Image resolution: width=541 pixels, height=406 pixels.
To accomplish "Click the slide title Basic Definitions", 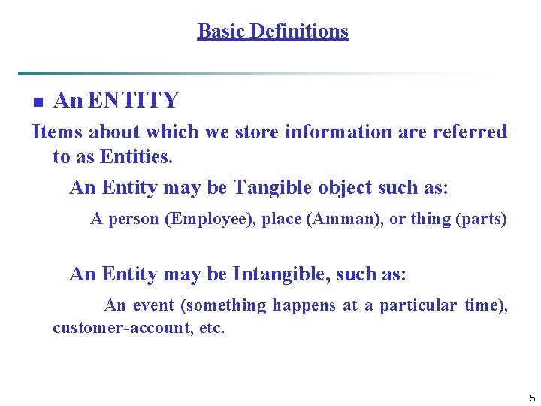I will pos(273,31).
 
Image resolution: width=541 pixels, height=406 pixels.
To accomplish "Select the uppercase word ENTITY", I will pos(133,100).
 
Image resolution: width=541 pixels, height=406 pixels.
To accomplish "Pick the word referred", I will pos(470,132).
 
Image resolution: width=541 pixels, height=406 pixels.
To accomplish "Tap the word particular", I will pos(417,305).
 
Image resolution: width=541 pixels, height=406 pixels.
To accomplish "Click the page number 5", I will pos(532,398).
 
